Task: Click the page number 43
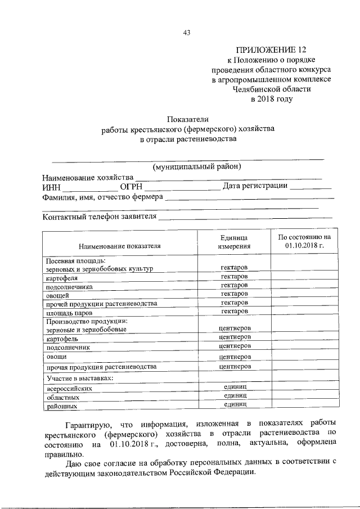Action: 187,33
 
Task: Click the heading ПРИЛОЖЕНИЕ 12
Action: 272,51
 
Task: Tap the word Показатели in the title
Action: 187,119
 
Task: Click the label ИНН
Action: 51,187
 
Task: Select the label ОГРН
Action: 131,187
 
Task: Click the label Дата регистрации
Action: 255,186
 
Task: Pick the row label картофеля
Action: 62,277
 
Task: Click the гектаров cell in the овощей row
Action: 235,294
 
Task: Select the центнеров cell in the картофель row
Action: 235,337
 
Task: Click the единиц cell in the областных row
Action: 235,396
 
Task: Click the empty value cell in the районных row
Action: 304,404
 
